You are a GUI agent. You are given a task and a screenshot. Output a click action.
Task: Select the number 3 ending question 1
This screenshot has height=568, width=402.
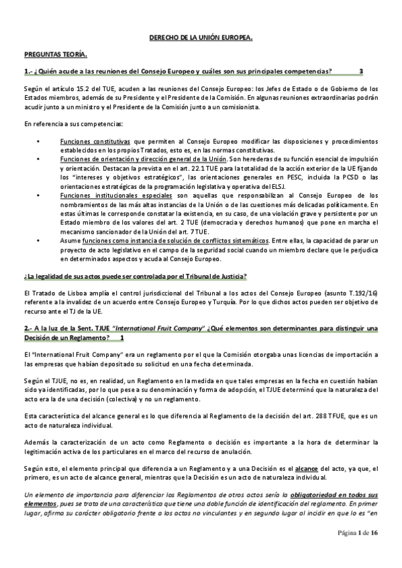(x=361, y=71)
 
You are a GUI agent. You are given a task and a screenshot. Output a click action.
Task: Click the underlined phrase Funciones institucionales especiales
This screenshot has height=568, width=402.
(x=107, y=194)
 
